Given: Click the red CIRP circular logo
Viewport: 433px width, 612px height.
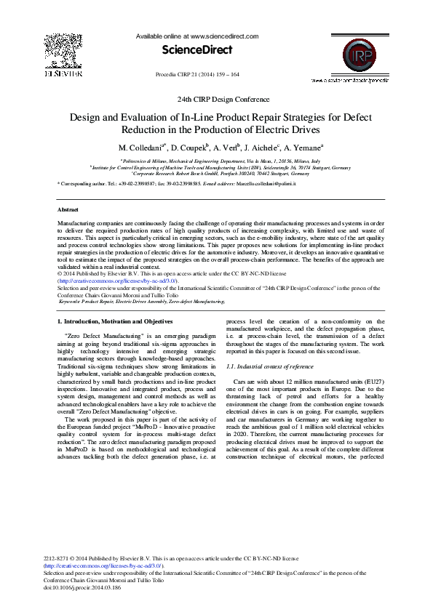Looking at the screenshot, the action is click(x=357, y=55).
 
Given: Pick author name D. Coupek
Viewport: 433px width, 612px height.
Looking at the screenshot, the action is click(x=188, y=148).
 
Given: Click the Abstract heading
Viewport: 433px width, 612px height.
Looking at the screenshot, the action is click(x=68, y=209).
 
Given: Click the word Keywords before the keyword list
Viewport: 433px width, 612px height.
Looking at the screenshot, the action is click(x=75, y=300).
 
